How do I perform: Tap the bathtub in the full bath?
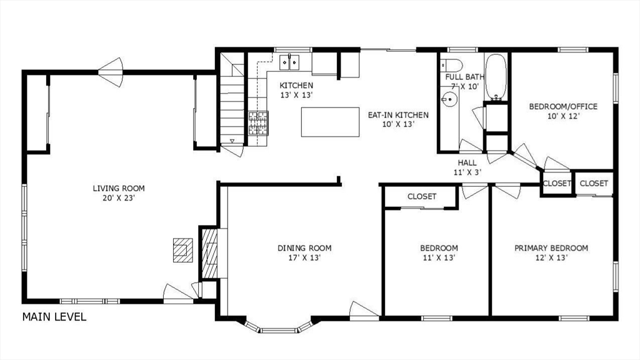(496, 77)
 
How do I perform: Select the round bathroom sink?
(449, 99)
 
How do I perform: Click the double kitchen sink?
(289, 62)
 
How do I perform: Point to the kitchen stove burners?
(258, 123)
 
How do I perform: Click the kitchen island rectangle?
(330, 122)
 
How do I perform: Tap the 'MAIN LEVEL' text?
(54, 317)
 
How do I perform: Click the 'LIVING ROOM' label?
(119, 188)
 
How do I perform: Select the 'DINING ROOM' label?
(304, 247)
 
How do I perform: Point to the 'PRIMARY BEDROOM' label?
(551, 247)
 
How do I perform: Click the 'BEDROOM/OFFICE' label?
(563, 106)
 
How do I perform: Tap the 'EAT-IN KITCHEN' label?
(398, 115)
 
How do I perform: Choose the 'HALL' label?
(467, 162)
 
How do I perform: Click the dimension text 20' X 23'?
(119, 198)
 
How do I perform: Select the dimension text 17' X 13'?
(304, 258)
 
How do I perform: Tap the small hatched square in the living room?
(182, 250)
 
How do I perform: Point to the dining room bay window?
(279, 326)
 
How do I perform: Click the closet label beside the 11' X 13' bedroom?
(422, 196)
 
